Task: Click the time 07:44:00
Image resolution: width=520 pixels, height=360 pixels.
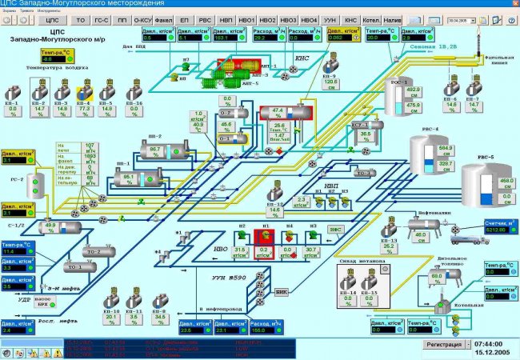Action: [x=493, y=341]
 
